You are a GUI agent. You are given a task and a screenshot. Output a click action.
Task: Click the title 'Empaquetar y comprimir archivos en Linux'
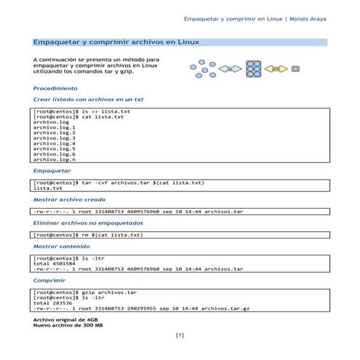tap(116, 44)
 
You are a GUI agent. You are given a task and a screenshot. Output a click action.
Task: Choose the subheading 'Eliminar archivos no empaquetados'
tap(88, 223)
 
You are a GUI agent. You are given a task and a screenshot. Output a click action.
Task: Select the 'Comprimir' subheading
tap(49, 280)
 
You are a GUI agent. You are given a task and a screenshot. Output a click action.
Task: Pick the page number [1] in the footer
tap(180, 335)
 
